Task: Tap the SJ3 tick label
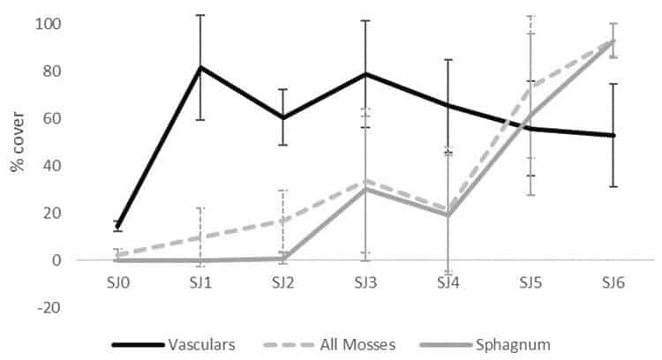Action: coord(365,283)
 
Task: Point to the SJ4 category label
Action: coord(448,283)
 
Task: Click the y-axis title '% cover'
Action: coord(19,141)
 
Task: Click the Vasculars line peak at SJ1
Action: coord(199,67)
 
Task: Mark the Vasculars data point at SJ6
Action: coord(613,135)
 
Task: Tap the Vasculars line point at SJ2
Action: coord(282,117)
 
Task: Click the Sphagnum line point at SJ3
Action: coord(365,189)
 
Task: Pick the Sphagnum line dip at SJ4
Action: coord(448,215)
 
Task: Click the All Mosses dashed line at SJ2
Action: coord(282,220)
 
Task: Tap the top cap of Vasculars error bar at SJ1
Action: coord(199,15)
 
